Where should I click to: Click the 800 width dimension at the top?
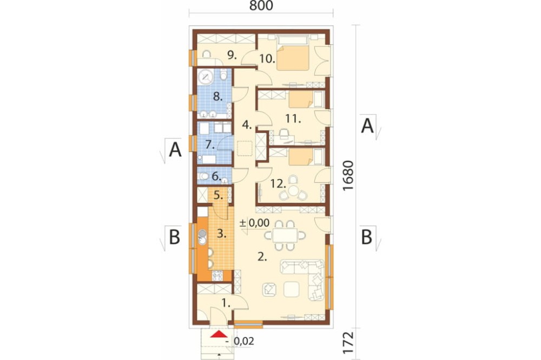261,5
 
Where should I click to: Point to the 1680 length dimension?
348,176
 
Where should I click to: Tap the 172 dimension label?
348,342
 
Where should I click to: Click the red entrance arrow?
219,334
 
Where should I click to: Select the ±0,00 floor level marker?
255,223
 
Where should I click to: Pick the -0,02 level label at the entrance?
241,341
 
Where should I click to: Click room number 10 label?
267,58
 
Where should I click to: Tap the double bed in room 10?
292,55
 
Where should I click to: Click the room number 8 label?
217,97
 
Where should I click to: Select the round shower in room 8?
206,77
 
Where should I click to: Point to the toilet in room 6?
204,177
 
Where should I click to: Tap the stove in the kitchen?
217,275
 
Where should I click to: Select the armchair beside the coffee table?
269,289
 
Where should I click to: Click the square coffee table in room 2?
291,289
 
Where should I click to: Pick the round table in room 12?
294,190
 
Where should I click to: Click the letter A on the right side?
367,126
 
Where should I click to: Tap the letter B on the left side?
174,237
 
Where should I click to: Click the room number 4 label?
246,124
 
